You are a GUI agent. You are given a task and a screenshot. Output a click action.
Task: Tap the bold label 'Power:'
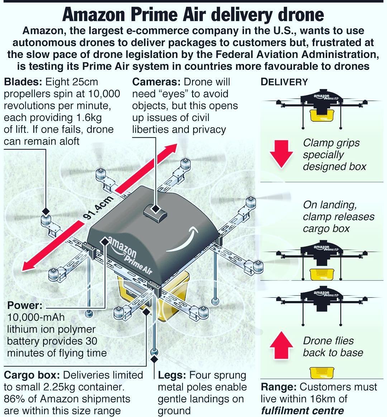(25, 306)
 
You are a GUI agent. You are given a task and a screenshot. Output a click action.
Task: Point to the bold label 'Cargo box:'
(32, 375)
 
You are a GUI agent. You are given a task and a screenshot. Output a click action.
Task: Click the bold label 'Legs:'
(171, 375)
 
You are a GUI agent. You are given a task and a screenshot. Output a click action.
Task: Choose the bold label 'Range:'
(278, 387)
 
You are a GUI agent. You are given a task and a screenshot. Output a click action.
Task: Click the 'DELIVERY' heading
(284, 82)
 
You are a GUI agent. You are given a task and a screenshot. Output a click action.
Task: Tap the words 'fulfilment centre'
(302, 411)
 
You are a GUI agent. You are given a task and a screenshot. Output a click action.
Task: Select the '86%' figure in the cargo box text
(14, 399)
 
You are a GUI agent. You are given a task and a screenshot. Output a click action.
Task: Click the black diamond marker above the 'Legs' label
(154, 359)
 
